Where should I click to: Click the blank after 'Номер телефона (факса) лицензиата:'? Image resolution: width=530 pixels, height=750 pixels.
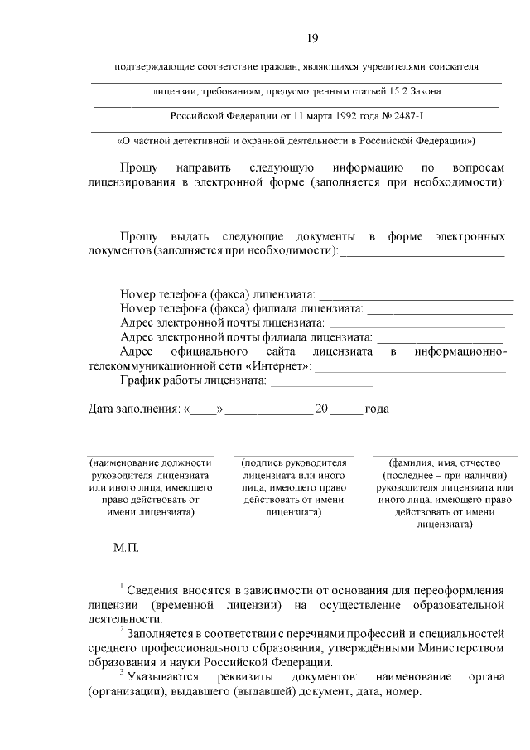(417, 294)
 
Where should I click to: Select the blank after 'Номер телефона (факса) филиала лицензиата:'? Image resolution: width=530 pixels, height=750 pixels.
(436, 309)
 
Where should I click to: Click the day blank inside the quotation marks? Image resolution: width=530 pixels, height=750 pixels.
(203, 409)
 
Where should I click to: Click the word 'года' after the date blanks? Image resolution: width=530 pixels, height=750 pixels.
(377, 409)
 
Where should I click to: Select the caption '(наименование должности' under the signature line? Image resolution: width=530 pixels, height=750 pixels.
(151, 463)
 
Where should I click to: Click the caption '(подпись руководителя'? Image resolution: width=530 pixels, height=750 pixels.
(293, 463)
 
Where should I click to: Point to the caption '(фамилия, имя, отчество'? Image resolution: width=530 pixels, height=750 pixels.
(444, 463)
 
